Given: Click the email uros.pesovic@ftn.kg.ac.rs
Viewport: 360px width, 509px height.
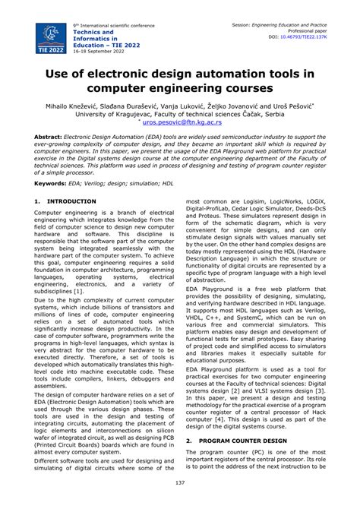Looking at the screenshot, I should point(182,122).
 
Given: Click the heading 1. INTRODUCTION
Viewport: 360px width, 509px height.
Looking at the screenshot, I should point(66,201).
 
